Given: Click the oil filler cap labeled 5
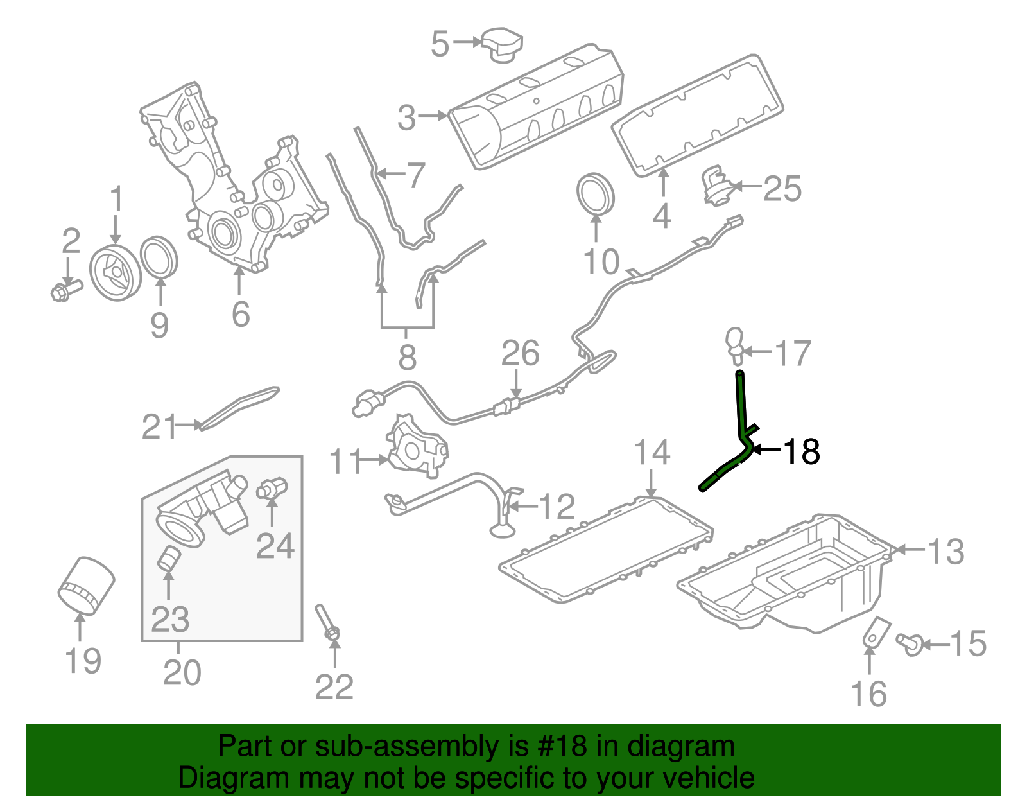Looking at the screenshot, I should tap(503, 45).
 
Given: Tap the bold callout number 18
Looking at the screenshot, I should tap(802, 451).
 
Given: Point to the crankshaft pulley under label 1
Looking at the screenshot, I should tap(116, 274).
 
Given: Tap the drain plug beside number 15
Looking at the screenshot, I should tap(910, 643).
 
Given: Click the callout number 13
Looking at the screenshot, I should tap(945, 552).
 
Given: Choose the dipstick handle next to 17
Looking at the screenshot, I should tap(734, 342).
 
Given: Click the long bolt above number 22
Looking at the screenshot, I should tap(326, 623).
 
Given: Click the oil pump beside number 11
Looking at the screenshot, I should tap(416, 448).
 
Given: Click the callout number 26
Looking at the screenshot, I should tap(520, 353).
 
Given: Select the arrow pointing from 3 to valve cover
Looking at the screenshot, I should tap(433, 116).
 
